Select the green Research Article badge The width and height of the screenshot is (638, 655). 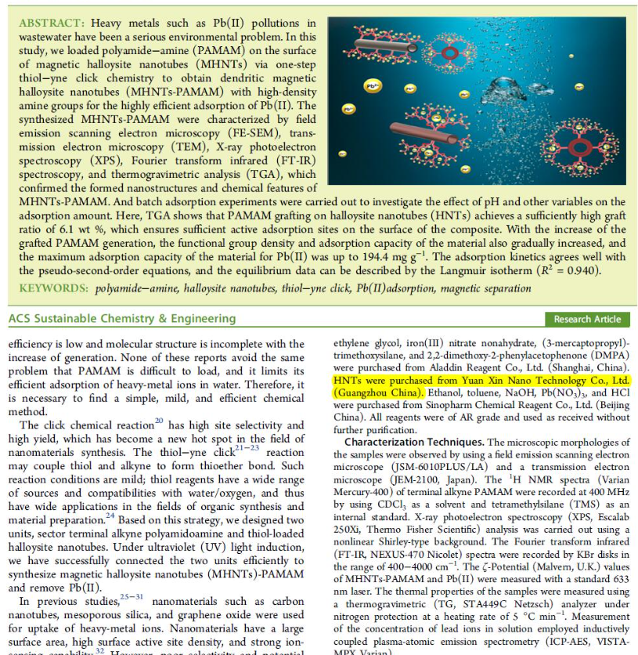[x=587, y=319]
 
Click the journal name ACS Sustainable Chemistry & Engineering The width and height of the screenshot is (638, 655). [x=117, y=319]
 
